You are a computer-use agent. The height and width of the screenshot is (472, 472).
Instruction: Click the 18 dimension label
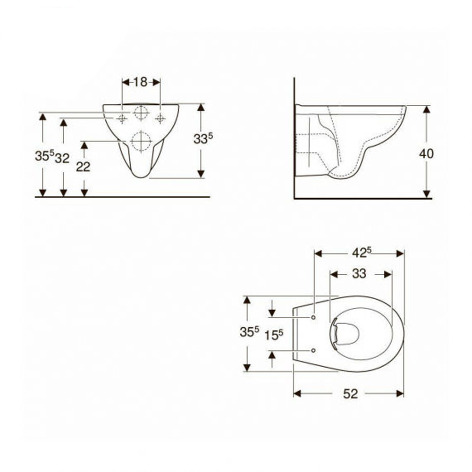[140, 82]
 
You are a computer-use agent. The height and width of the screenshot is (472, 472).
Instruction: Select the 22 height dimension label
[83, 167]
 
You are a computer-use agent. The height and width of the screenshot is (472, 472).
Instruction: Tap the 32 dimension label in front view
[62, 158]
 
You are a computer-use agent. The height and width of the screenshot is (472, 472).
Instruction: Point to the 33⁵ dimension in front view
[203, 138]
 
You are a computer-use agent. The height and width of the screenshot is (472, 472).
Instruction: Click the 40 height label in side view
[426, 154]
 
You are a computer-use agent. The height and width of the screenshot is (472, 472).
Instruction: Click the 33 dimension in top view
[359, 274]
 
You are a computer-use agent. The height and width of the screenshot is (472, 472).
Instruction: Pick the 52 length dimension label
[350, 394]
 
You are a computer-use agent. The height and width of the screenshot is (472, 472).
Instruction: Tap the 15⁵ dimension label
[274, 335]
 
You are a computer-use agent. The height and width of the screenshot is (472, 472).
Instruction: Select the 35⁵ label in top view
[249, 332]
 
